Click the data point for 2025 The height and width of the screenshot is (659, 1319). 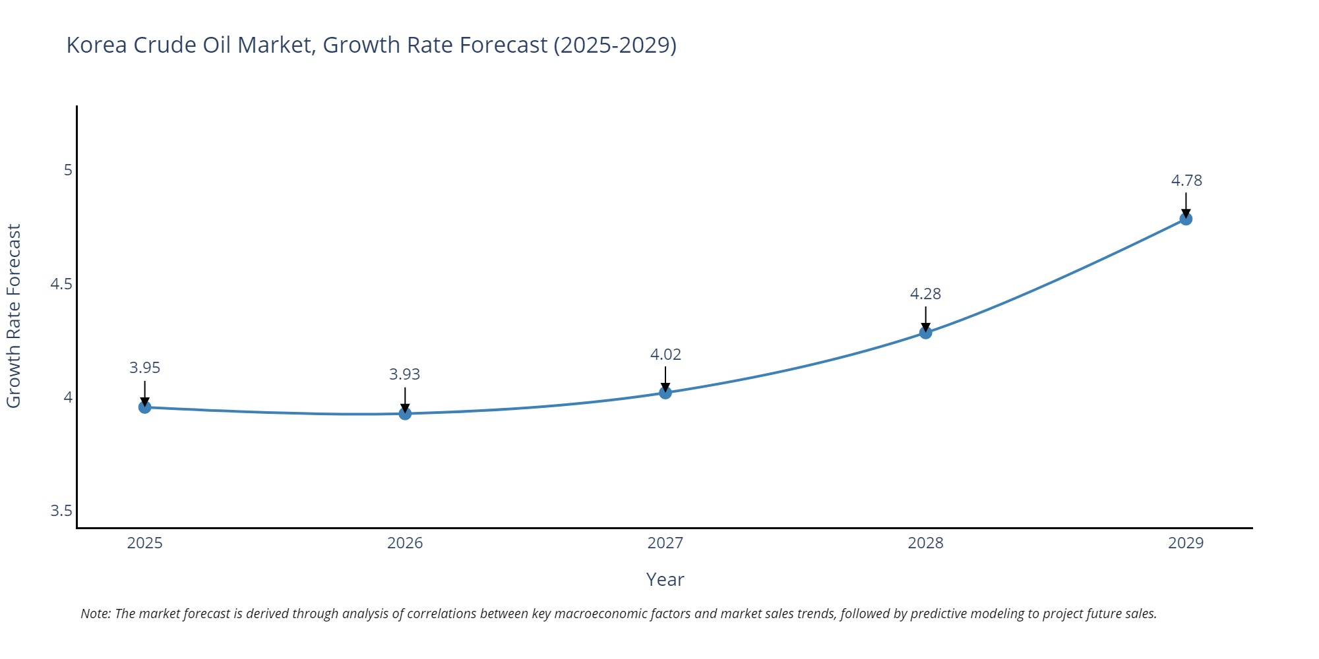click(144, 407)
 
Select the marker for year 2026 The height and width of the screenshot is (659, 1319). click(405, 413)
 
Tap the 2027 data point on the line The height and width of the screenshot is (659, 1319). click(665, 393)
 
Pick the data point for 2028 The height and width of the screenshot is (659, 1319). click(925, 333)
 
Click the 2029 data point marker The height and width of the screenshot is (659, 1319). click(1186, 219)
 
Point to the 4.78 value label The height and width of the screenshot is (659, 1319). click(1186, 181)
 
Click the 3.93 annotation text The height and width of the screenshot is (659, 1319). click(404, 374)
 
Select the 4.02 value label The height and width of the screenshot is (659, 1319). click(665, 355)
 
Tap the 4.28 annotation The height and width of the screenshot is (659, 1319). click(925, 294)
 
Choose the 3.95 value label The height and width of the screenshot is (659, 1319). click(144, 368)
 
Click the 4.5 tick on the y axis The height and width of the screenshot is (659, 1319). click(61, 284)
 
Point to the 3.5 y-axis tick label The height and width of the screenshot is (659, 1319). click(61, 511)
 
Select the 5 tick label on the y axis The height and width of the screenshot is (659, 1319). click(68, 170)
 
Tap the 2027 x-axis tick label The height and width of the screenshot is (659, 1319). click(665, 543)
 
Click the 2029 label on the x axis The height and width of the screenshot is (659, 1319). click(1186, 543)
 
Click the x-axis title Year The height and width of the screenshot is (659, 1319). click(665, 579)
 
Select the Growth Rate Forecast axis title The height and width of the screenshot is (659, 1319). click(14, 316)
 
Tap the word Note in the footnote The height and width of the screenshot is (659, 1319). click(95, 614)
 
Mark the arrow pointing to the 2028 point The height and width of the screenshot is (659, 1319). click(925, 319)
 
